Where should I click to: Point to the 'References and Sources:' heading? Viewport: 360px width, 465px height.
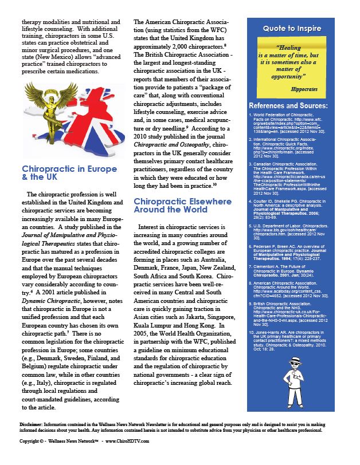pyautogui.click(x=288, y=106)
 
